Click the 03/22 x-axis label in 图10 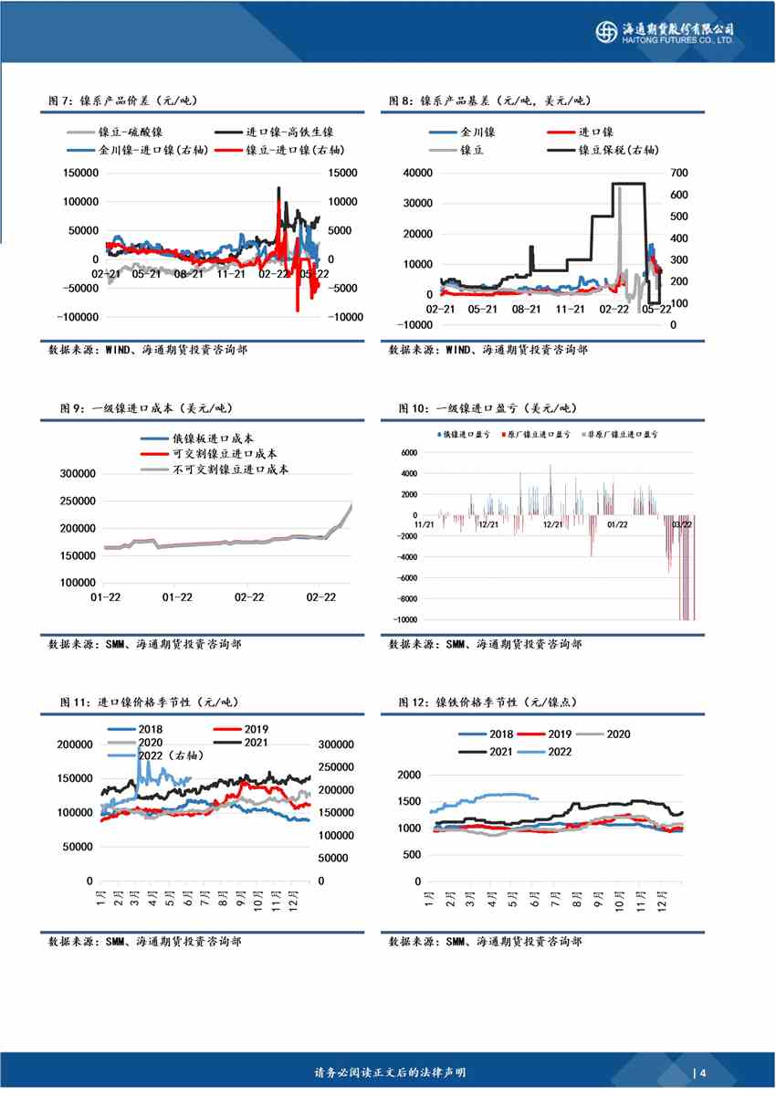point(681,524)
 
